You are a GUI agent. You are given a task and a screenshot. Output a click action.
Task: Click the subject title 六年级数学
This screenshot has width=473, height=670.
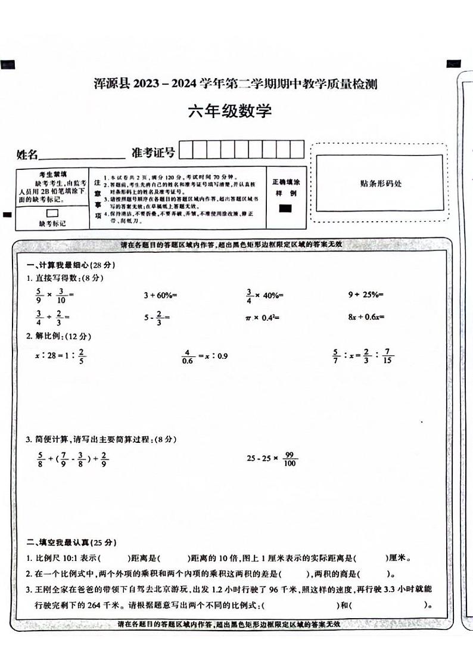229,111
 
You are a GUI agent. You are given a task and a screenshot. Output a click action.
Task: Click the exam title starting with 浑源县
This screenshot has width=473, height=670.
236,84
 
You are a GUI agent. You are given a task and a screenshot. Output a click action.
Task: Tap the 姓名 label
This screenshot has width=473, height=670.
27,155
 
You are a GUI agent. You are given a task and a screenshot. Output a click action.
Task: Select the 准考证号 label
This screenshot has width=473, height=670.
153,153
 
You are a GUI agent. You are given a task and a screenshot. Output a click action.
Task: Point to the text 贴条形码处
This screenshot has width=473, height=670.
381,184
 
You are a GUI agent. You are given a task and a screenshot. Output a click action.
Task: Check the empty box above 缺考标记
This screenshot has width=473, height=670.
52,213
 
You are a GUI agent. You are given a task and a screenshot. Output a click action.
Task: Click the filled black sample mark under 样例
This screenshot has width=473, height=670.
285,208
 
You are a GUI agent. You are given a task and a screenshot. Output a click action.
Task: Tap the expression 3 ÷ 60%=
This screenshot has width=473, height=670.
161,294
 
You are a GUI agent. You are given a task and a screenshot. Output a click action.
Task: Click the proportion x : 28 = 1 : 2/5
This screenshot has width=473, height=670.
61,356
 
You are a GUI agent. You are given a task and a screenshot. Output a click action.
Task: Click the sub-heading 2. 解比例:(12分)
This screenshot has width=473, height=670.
57,336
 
